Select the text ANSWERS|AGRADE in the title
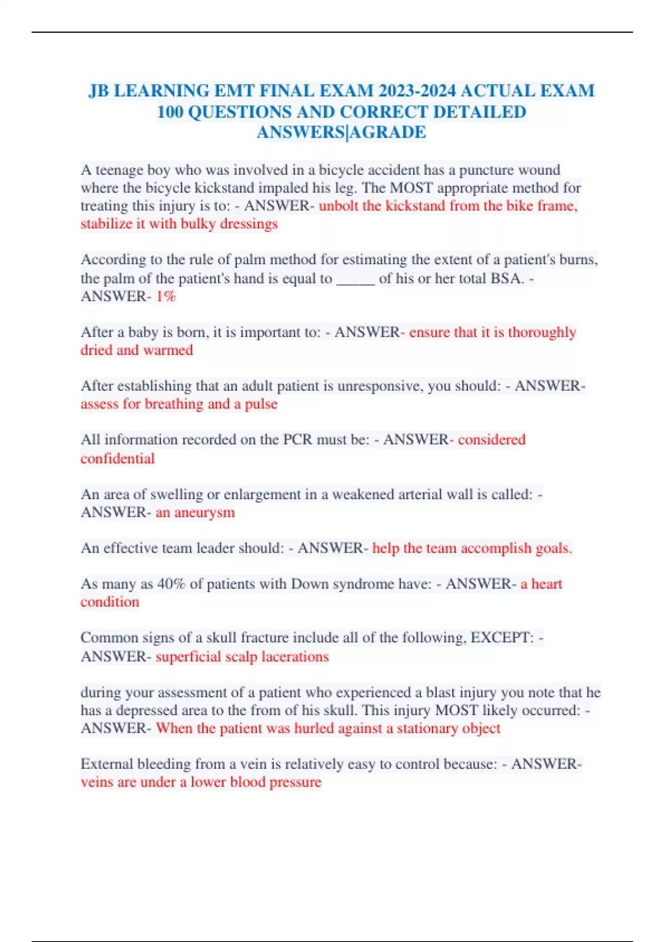tap(341, 132)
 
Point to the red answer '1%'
tap(165, 296)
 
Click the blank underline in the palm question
tap(355, 278)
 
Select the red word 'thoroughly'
tap(542, 332)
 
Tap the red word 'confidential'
tap(117, 458)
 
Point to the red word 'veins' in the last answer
tap(97, 782)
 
